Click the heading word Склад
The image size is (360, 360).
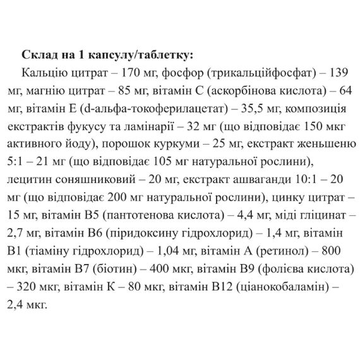37,52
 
